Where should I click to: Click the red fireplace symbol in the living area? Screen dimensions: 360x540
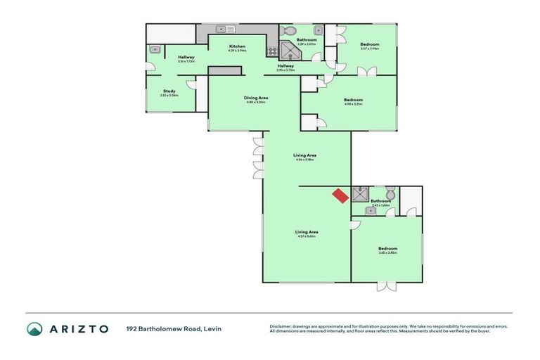point(340,195)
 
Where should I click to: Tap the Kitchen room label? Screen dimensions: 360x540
point(237,46)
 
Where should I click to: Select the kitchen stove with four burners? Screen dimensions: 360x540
point(272,51)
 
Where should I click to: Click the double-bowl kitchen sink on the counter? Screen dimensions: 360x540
point(225,29)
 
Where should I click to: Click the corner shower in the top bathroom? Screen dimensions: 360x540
point(289,49)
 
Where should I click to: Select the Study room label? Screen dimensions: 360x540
point(169,91)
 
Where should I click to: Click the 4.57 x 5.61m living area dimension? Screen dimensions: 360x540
point(307,236)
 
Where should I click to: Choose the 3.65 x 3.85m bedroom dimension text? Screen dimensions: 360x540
point(387,252)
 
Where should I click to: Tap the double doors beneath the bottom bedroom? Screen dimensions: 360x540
point(386,286)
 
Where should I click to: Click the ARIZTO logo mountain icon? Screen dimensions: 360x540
point(34,328)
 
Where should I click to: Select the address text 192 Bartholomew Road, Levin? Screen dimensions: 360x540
point(174,328)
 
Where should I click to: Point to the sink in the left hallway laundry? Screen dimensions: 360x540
point(155,49)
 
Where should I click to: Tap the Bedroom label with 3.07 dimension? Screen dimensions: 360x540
point(370,44)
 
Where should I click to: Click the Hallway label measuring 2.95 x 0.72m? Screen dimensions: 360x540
point(285,65)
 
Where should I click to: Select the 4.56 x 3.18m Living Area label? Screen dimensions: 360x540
point(304,155)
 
